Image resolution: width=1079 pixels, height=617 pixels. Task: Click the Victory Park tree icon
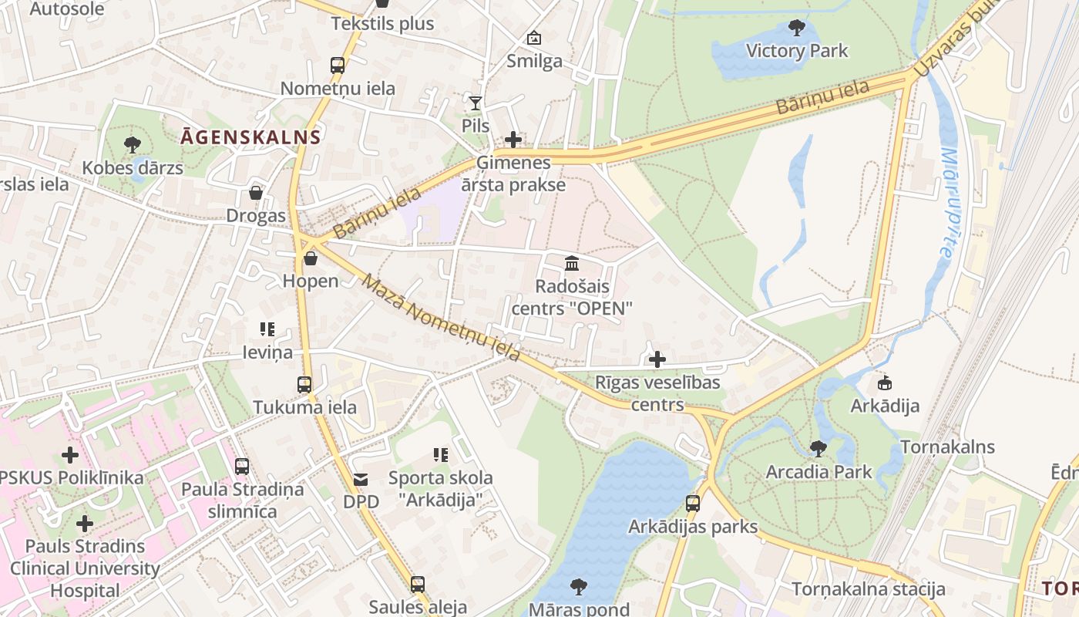pyautogui.click(x=797, y=29)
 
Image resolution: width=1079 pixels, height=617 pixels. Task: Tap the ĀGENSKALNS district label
pyautogui.click(x=250, y=138)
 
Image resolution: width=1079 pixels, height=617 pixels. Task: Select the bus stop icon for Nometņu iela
pyautogui.click(x=338, y=66)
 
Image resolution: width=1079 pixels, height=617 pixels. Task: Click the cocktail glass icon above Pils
pyautogui.click(x=476, y=103)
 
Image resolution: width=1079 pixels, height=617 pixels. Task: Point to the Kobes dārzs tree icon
pyautogui.click(x=133, y=144)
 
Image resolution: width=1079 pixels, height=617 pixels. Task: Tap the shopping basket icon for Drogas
pyautogui.click(x=256, y=193)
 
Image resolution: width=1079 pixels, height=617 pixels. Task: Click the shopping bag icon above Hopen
pyautogui.click(x=311, y=258)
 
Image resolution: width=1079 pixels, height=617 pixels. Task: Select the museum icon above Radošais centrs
pyautogui.click(x=572, y=264)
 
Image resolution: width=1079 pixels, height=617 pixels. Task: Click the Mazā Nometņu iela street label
pyautogui.click(x=441, y=318)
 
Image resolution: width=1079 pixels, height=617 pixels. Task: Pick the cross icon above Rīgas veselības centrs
pyautogui.click(x=657, y=359)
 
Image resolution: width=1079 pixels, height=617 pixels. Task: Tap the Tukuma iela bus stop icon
pyautogui.click(x=304, y=384)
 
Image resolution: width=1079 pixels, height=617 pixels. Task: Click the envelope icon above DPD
pyautogui.click(x=361, y=480)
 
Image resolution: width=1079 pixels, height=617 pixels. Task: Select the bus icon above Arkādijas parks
pyautogui.click(x=693, y=504)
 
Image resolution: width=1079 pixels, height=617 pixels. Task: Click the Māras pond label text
pyautogui.click(x=579, y=609)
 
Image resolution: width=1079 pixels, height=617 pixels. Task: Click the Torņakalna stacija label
pyautogui.click(x=869, y=589)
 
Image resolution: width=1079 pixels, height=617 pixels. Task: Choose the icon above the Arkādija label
pyautogui.click(x=885, y=383)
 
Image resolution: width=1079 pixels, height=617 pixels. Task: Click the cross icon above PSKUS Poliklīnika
pyautogui.click(x=70, y=455)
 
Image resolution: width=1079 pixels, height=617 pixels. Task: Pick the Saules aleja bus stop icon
pyautogui.click(x=418, y=584)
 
